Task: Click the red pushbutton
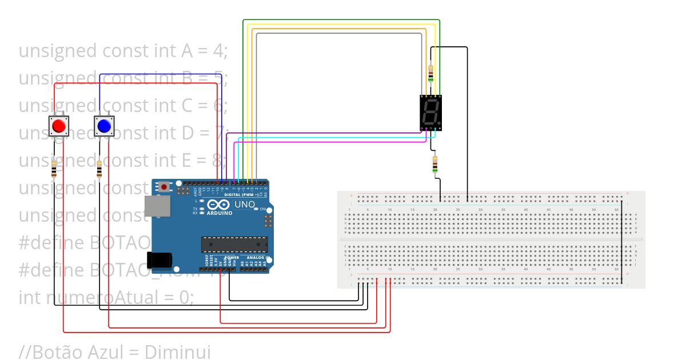coord(58,125)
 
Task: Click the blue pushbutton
coord(103,125)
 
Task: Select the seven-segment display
coord(431,113)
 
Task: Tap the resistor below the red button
coord(54,169)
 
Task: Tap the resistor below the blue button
coord(100,169)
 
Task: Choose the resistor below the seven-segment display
coord(436,163)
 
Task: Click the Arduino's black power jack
coord(159,260)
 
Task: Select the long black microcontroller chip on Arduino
coord(234,244)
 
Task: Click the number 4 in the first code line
coord(217,51)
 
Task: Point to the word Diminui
coord(178,351)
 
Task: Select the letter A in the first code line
coord(186,51)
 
